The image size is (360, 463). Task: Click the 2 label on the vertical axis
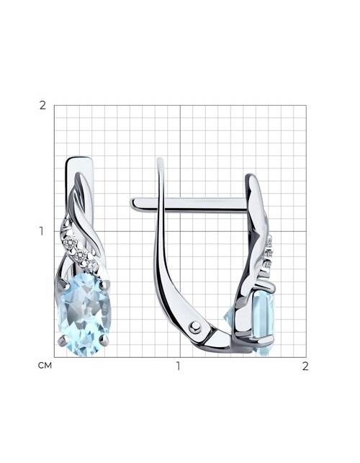pos(42,105)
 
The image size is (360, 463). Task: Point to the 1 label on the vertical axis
pos(42,232)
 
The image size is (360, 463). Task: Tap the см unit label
pos(45,366)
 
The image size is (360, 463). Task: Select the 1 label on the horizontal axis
pos(178,366)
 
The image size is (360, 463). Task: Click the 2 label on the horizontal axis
pos(305,366)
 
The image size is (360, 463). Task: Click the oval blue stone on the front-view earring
pos(85,314)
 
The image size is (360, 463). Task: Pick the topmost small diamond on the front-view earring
pos(70,243)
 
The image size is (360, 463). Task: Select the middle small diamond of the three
pos(81,254)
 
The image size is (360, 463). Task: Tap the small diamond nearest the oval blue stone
pos(92,266)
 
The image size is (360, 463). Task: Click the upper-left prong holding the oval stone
pos(63,285)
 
